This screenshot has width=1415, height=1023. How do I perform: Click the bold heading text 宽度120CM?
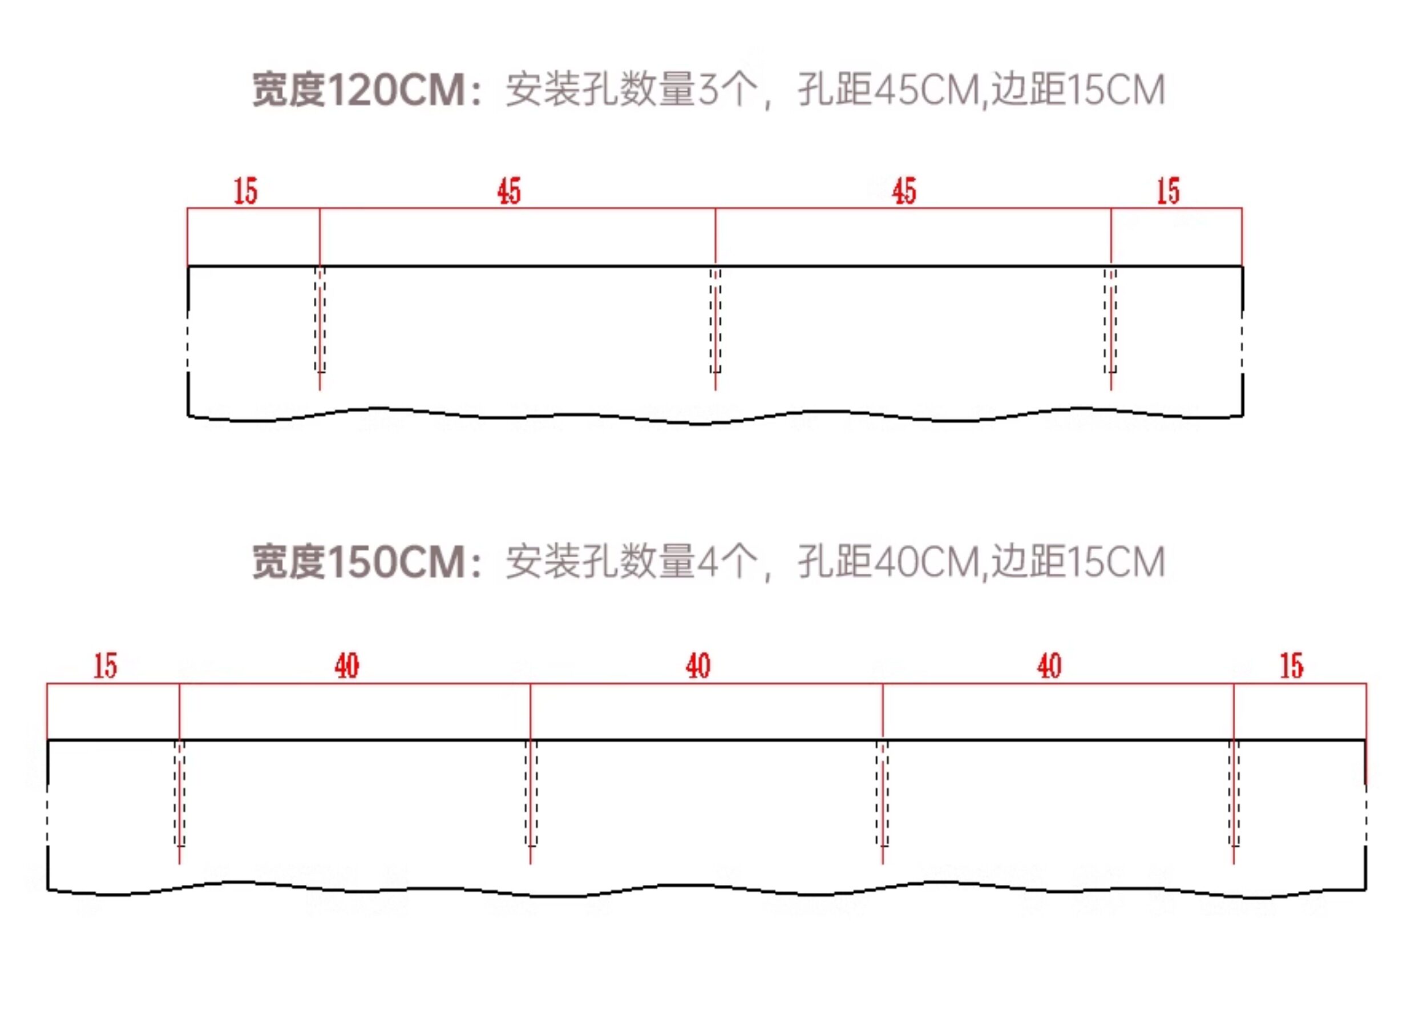click(x=358, y=90)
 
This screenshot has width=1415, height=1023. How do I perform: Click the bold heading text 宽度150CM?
click(x=358, y=561)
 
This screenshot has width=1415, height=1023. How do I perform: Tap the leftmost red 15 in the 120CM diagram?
click(x=245, y=191)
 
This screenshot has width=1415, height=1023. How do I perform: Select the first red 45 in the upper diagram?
click(x=509, y=191)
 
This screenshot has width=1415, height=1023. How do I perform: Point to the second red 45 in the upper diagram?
click(x=904, y=191)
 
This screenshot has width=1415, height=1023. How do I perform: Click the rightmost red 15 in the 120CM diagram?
click(x=1169, y=191)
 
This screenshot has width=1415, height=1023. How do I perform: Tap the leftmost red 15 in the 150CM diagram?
click(x=106, y=666)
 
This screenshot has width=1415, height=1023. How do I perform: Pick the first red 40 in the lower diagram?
click(x=347, y=666)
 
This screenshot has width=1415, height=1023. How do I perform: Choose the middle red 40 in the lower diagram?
click(x=698, y=666)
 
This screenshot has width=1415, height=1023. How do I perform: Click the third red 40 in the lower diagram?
click(x=1049, y=666)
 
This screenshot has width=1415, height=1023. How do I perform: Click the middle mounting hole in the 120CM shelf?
click(x=715, y=320)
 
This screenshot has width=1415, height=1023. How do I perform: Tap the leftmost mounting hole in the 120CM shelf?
click(x=320, y=320)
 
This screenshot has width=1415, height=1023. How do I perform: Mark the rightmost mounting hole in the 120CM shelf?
click(x=1110, y=320)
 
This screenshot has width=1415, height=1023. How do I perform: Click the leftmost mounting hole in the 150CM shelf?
click(x=180, y=794)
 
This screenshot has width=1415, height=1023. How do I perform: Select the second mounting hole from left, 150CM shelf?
click(x=531, y=794)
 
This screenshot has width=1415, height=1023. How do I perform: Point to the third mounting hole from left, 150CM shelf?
click(x=883, y=794)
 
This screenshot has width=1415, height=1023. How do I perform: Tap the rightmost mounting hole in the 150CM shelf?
click(x=1234, y=794)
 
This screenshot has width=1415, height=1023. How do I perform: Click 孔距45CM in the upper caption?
click(x=888, y=90)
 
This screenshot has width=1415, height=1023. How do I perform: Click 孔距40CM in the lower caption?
click(x=888, y=561)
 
